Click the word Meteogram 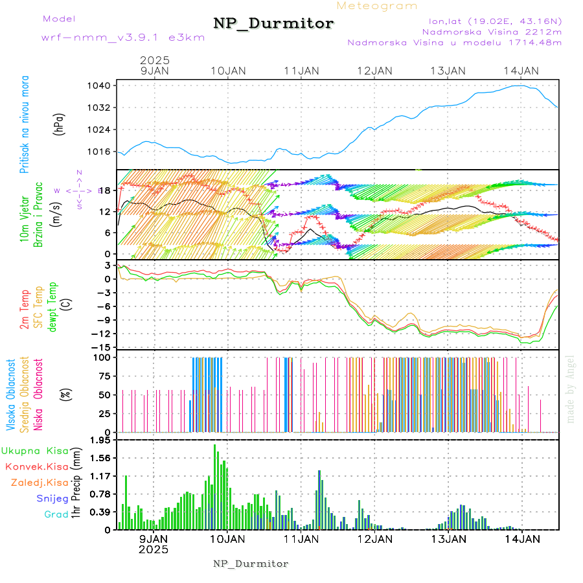(x=377, y=6)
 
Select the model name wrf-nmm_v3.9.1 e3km (x=123, y=37)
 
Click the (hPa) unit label (x=60, y=124)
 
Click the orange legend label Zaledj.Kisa (x=40, y=483)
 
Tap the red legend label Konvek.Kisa (x=37, y=466)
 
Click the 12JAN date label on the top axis (x=374, y=71)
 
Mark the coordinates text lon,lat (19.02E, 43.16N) (x=490, y=21)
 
